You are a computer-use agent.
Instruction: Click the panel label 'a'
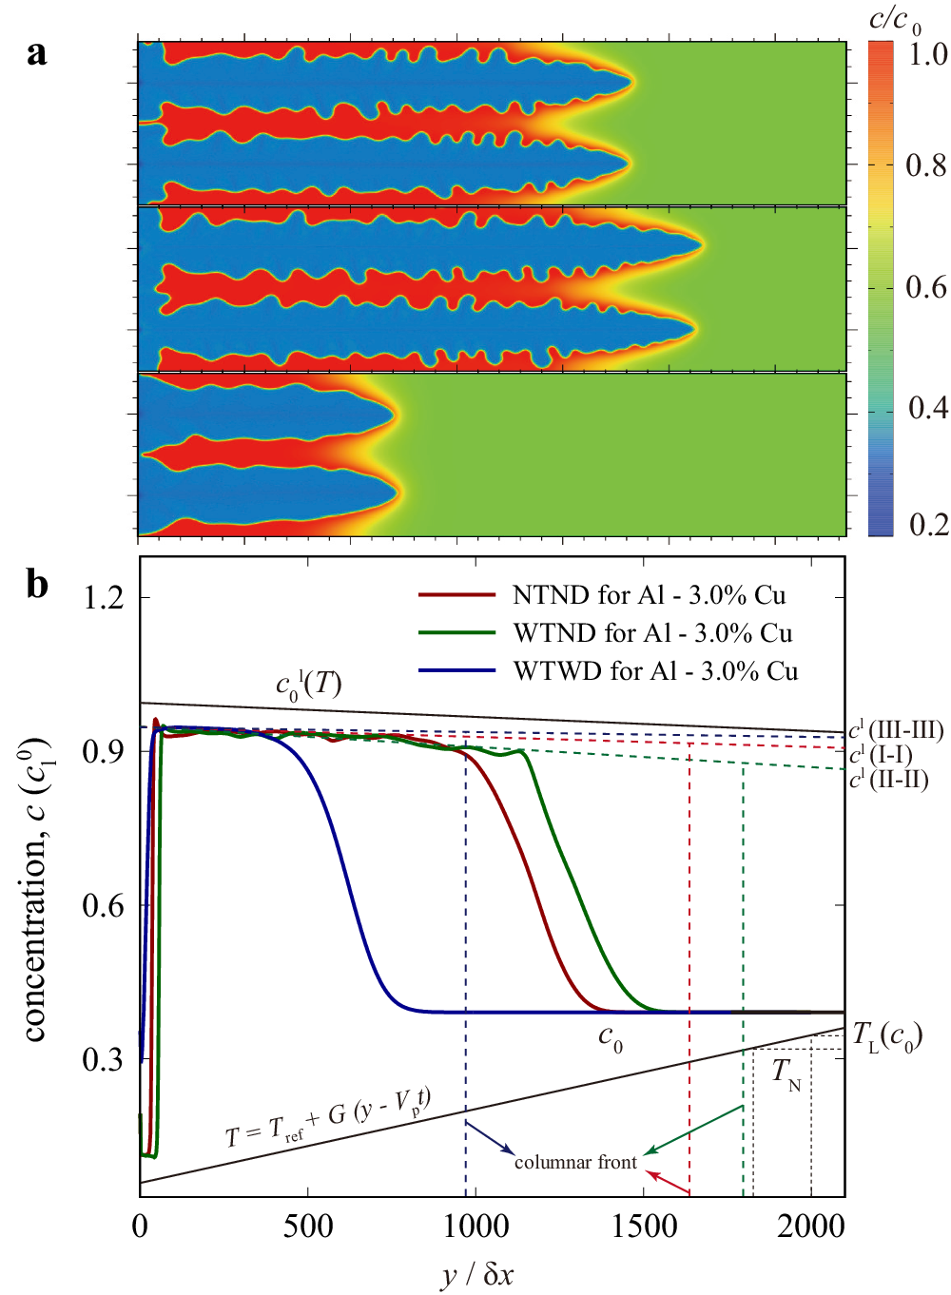click(x=36, y=53)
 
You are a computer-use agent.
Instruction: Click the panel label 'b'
click(x=37, y=583)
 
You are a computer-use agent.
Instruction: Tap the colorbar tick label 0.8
click(x=925, y=166)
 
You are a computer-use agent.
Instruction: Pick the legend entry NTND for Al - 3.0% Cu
click(x=649, y=595)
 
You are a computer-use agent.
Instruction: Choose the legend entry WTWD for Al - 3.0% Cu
click(x=655, y=671)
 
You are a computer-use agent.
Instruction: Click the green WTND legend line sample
click(x=456, y=633)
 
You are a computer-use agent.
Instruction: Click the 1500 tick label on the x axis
click(x=643, y=1227)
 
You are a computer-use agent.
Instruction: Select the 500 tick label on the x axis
click(x=307, y=1227)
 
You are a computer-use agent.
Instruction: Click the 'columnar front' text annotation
click(x=575, y=1163)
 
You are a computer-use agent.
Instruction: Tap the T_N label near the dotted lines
click(x=786, y=1073)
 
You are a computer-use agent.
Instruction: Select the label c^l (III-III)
click(x=896, y=730)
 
